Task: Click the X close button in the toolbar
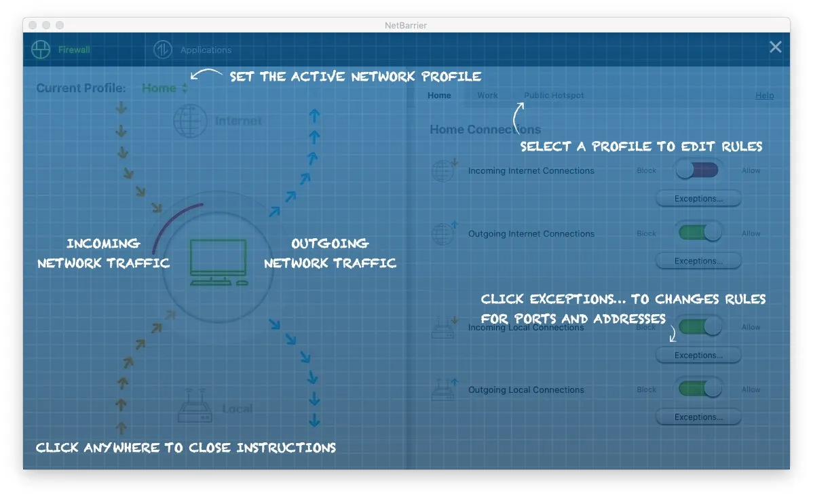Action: click(775, 47)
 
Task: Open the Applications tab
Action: click(193, 50)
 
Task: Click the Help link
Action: click(764, 96)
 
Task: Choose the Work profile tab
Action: click(487, 96)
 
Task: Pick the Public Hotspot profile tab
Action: click(554, 96)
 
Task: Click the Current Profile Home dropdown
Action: click(165, 88)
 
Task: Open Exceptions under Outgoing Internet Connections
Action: click(698, 261)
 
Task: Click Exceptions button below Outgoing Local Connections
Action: click(698, 417)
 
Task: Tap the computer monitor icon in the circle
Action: click(218, 262)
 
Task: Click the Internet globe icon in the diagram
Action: click(190, 121)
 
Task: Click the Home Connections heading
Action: click(485, 130)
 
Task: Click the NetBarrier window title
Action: click(406, 25)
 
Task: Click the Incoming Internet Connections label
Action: click(531, 171)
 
